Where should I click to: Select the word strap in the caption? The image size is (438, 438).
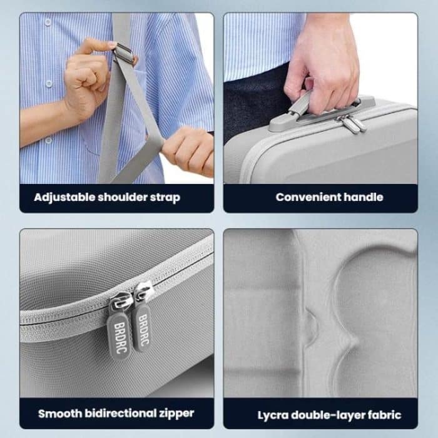165,198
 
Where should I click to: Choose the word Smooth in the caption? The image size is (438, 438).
58,414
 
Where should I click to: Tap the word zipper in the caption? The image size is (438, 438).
176,414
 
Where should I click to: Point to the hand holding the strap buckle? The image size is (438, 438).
91,75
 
